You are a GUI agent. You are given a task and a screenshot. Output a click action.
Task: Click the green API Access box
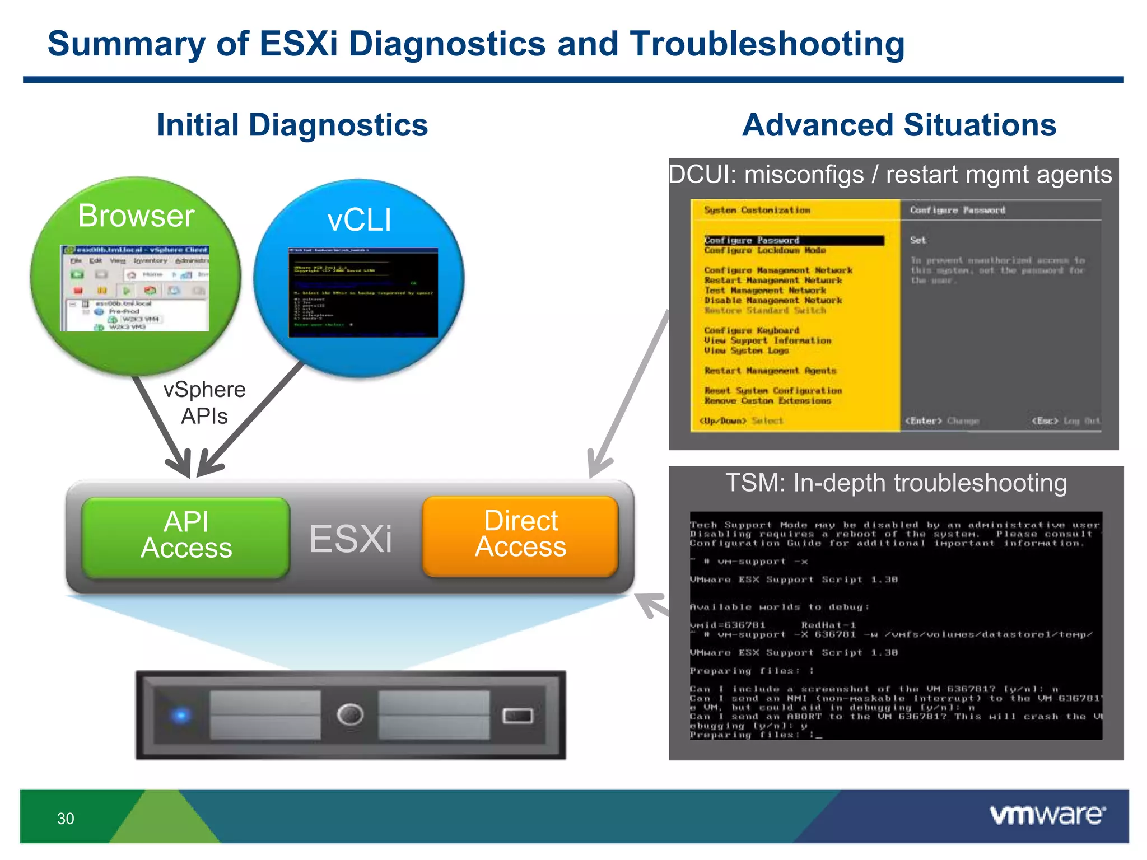pyautogui.click(x=186, y=536)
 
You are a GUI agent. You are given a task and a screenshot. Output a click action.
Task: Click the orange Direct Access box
pyautogui.click(x=520, y=535)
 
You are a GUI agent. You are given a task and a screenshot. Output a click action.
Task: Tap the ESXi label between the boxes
pyautogui.click(x=351, y=539)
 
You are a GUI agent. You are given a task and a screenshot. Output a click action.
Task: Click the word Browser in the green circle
pyautogui.click(x=136, y=216)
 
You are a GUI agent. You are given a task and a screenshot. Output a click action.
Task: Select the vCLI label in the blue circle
pyautogui.click(x=359, y=220)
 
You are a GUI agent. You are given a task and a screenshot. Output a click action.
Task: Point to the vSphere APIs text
pyautogui.click(x=204, y=403)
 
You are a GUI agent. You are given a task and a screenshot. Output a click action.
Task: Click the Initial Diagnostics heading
pyautogui.click(x=292, y=125)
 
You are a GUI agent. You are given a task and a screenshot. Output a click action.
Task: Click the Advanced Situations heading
pyautogui.click(x=899, y=125)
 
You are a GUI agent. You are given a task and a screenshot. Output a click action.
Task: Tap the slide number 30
pyautogui.click(x=66, y=819)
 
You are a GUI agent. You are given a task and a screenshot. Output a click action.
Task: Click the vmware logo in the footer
pyautogui.click(x=1047, y=815)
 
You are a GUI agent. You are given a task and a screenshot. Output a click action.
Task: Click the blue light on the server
pyautogui.click(x=180, y=715)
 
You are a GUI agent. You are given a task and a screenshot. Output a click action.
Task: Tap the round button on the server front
pyautogui.click(x=351, y=715)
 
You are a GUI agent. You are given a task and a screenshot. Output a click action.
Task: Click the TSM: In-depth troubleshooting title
pyautogui.click(x=896, y=483)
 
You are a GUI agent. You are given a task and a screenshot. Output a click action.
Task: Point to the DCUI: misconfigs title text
pyautogui.click(x=890, y=175)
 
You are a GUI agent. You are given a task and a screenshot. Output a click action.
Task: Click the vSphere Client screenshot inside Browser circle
pyautogui.click(x=134, y=288)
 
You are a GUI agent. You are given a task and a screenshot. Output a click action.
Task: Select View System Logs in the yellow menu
pyautogui.click(x=747, y=350)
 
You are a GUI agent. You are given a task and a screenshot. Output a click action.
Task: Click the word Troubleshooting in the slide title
pyautogui.click(x=767, y=44)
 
